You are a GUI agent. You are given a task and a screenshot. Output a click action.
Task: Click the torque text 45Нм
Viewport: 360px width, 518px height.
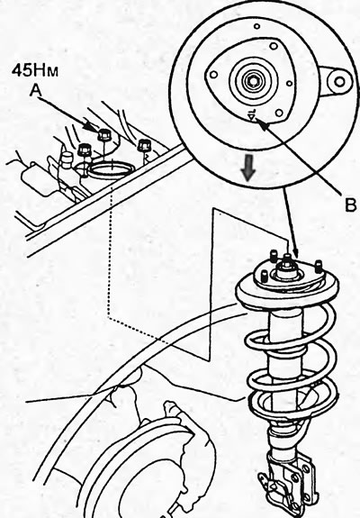[x=34, y=70]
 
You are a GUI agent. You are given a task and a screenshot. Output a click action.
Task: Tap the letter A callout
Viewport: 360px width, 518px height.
[x=36, y=89]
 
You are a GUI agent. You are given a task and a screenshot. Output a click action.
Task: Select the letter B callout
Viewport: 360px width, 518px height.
[x=350, y=204]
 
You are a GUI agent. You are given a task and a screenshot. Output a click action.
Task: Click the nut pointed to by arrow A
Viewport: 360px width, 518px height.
[x=104, y=134]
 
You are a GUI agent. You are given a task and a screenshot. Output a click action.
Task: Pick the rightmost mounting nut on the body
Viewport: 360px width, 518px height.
[x=144, y=145]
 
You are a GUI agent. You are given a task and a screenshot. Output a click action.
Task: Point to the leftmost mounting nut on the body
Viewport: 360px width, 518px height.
[x=84, y=150]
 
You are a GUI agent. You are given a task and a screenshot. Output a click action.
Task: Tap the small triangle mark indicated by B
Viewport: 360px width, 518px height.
[x=252, y=116]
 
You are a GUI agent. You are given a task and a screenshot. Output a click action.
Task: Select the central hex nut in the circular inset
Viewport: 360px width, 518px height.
[x=252, y=79]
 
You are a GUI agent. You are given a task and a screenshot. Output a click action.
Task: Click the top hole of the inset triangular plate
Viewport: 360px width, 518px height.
[x=274, y=46]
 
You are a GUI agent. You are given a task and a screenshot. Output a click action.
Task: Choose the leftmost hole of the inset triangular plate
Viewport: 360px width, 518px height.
[x=213, y=75]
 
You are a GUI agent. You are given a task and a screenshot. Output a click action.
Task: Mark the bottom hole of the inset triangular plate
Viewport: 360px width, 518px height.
[x=279, y=113]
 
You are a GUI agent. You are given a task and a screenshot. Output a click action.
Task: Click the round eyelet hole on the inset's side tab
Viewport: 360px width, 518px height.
[x=339, y=81]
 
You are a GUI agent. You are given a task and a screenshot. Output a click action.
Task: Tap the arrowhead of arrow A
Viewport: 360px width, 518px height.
[x=90, y=126]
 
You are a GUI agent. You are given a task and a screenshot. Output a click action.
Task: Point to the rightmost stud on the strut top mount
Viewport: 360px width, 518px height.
[x=318, y=266]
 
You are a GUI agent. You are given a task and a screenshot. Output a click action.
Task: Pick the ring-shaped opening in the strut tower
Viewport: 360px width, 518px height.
[x=111, y=169]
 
